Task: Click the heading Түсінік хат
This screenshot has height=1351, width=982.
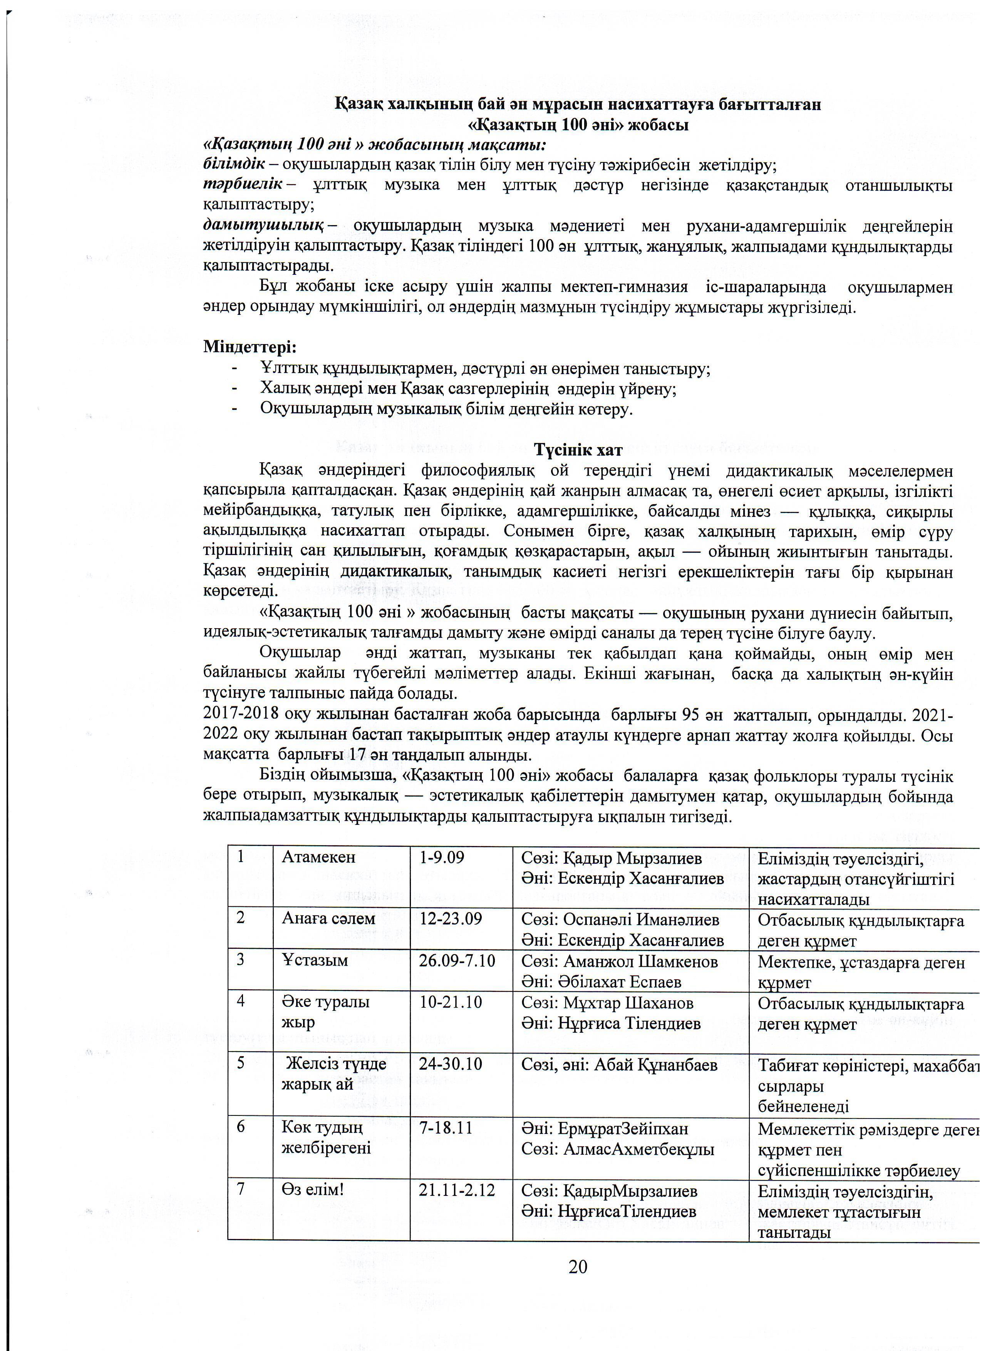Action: [578, 449]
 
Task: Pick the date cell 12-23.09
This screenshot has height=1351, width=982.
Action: [451, 918]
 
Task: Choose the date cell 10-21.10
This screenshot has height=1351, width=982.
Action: [451, 1003]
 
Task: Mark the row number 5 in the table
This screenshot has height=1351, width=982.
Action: [241, 1063]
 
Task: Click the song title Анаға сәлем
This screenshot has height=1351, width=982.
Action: [328, 918]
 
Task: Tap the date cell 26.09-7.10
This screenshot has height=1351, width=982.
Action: [457, 961]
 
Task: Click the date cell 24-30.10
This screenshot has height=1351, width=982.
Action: [451, 1064]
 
